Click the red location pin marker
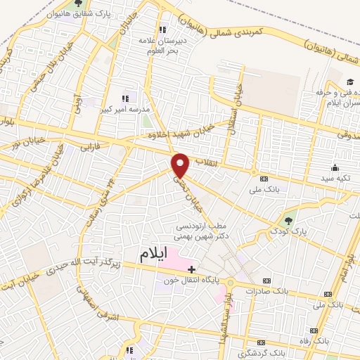pos(181,165)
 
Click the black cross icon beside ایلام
pos(191,269)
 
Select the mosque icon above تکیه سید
pos(334,168)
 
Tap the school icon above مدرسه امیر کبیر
pos(126,98)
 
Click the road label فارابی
pos(91,148)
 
